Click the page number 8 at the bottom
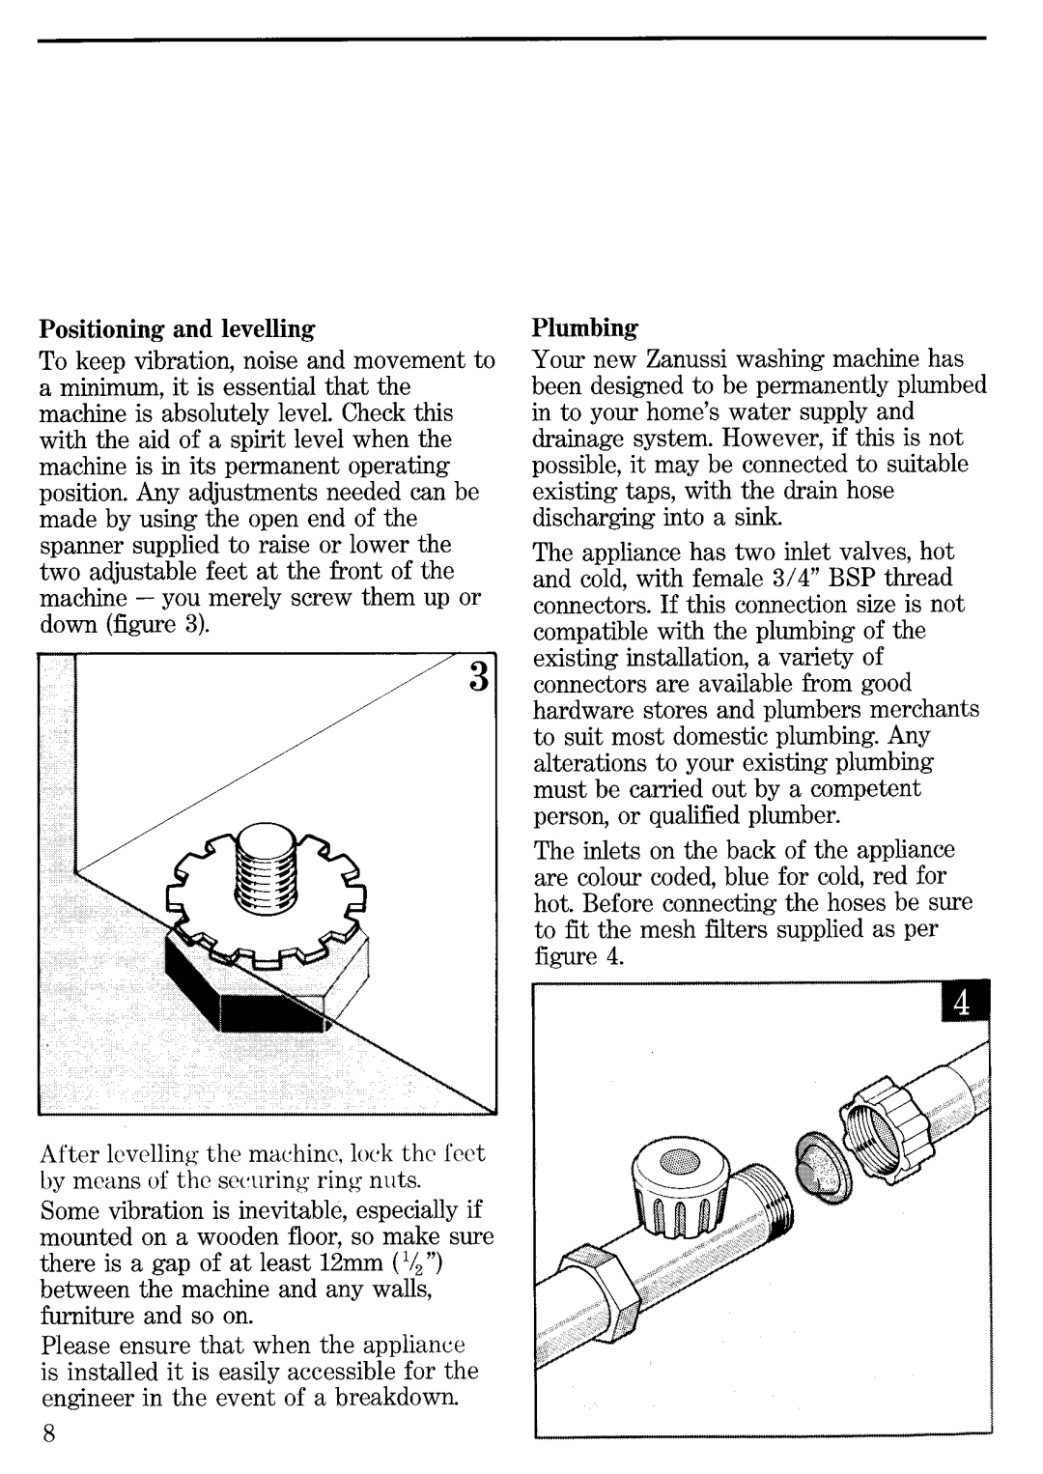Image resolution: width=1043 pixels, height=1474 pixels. pyautogui.click(x=47, y=1433)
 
